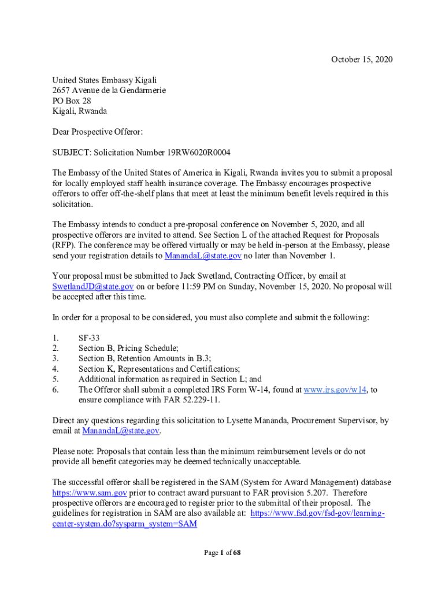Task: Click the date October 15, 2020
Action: click(x=361, y=60)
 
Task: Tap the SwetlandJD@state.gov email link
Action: click(x=93, y=286)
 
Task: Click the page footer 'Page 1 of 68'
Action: click(x=222, y=553)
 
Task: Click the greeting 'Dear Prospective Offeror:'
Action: click(x=97, y=132)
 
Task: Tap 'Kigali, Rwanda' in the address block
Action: click(x=79, y=111)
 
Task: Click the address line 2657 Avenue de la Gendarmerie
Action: click(x=109, y=90)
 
